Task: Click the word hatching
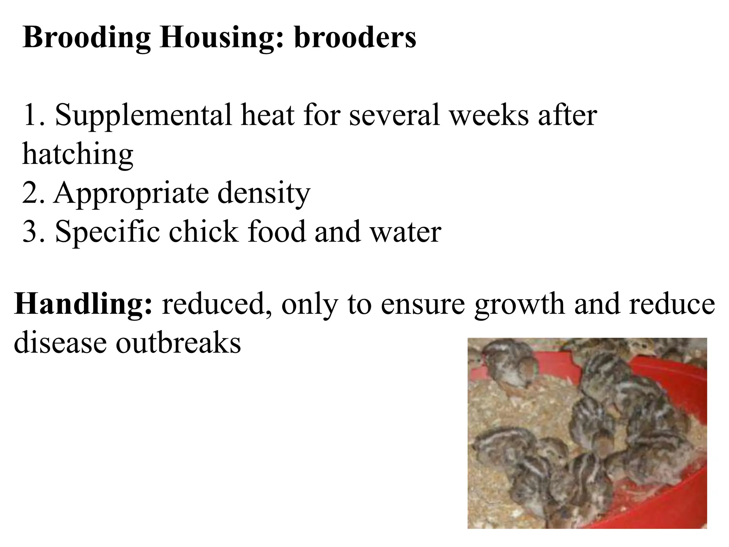pyautogui.click(x=78, y=154)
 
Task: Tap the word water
pyautogui.click(x=406, y=231)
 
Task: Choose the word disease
pyautogui.click(x=61, y=342)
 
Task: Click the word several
pyautogui.click(x=395, y=115)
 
